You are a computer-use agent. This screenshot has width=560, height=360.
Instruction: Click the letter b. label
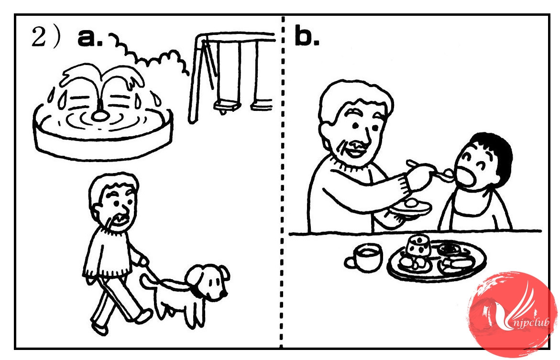[x=307, y=36]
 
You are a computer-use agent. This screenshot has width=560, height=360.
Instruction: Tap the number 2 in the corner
[x=39, y=37]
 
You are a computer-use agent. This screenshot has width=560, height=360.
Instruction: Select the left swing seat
[x=226, y=106]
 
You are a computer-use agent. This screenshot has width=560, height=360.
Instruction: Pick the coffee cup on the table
[x=365, y=258]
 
